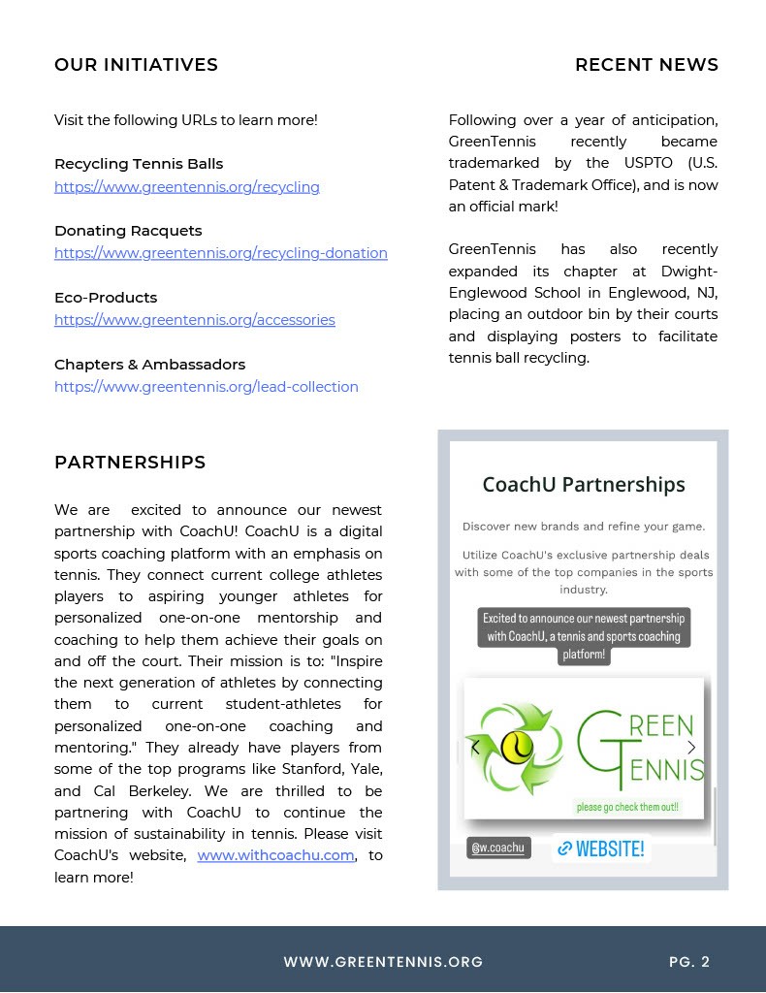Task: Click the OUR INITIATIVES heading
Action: tap(136, 65)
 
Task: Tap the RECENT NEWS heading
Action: tap(646, 65)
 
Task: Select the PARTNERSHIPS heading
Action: tap(130, 463)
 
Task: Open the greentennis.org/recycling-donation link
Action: tap(220, 253)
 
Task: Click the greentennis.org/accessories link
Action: tap(194, 320)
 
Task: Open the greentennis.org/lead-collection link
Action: tap(206, 387)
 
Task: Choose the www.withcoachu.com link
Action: tap(275, 855)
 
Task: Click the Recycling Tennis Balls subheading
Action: tap(139, 164)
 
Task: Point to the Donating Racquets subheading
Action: tap(128, 231)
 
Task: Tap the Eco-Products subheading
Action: tap(106, 298)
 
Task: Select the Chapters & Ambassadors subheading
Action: tap(149, 365)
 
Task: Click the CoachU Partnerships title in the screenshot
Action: tap(583, 485)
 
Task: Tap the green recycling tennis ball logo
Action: tap(517, 748)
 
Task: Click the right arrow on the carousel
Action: tap(691, 748)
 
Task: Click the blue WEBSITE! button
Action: tap(601, 849)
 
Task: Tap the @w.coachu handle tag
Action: tap(497, 848)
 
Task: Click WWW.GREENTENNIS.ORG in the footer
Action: tap(383, 962)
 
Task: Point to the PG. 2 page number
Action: tap(688, 962)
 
